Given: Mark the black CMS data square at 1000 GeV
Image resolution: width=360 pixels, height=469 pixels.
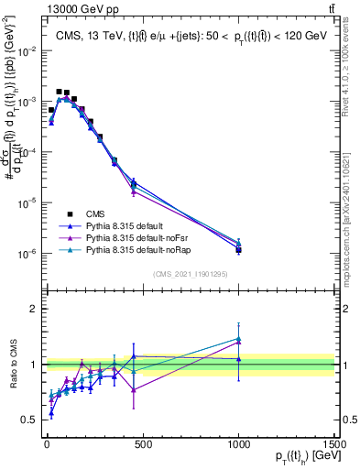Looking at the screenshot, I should pyautogui.click(x=238, y=249).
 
